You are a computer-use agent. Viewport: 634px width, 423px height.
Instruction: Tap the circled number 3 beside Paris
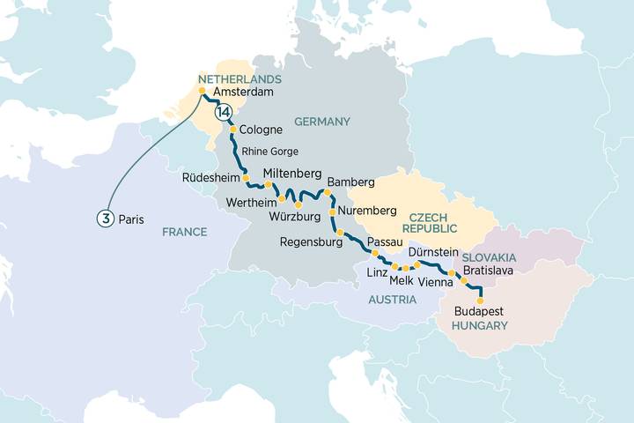click(104, 219)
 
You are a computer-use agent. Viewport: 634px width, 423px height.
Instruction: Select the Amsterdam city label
click(242, 92)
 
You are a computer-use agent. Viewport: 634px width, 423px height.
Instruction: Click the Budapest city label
click(480, 311)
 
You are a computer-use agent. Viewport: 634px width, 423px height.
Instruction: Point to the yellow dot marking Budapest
click(480, 301)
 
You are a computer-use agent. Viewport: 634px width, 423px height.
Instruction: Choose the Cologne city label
click(261, 130)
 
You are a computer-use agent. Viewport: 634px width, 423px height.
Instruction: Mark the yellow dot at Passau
click(375, 253)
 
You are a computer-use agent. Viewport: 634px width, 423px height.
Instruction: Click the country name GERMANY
click(322, 122)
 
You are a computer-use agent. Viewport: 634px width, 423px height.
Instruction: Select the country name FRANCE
click(184, 232)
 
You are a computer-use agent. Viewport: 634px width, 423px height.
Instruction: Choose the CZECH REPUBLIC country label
click(434, 221)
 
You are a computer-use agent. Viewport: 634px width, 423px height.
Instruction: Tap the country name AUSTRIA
click(393, 300)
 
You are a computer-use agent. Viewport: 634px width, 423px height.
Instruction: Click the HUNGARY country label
click(480, 325)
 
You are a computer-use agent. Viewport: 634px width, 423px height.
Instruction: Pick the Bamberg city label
click(350, 182)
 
